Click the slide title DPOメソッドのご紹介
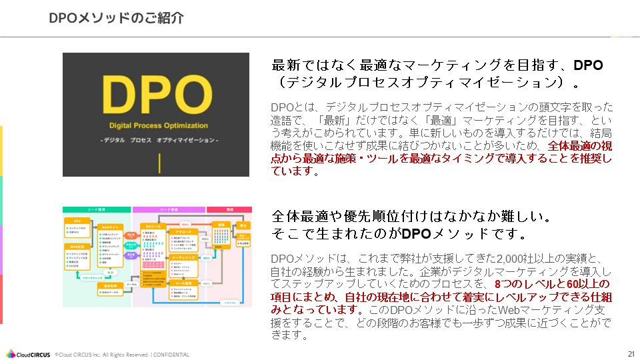pos(116,18)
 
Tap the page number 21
pos(631,353)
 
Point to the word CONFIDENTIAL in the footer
pos(171,355)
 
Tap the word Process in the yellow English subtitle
pos(158,125)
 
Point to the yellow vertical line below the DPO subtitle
pos(160,163)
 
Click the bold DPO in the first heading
pos(588,65)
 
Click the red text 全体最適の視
pos(579,145)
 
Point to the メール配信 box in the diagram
pos(185,283)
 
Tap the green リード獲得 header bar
pos(97,209)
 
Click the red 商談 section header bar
pos(228,209)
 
